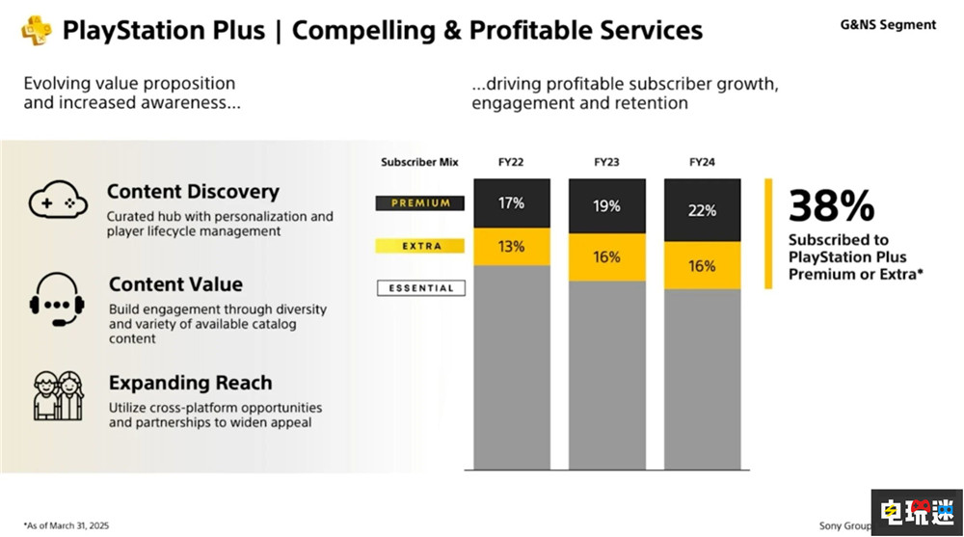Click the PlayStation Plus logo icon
(x=37, y=30)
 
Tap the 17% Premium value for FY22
(x=511, y=203)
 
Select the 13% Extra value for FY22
(x=511, y=246)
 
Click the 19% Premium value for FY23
(x=606, y=206)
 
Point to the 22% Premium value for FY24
(x=702, y=210)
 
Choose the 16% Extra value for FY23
(x=606, y=257)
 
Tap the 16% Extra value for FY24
(x=702, y=265)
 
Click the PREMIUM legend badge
(x=420, y=203)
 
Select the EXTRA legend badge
(x=420, y=246)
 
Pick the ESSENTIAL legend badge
(x=420, y=287)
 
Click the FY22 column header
(x=511, y=162)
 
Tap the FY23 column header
(x=606, y=162)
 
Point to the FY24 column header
(x=702, y=162)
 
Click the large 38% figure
(x=831, y=205)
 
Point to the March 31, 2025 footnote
(x=68, y=526)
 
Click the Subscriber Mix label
(x=419, y=162)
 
